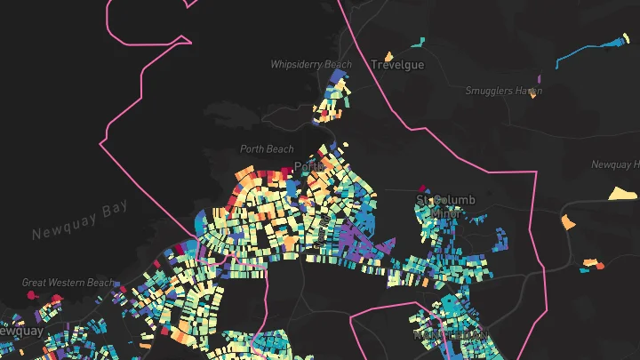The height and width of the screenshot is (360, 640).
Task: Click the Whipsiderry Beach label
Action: click(x=311, y=65)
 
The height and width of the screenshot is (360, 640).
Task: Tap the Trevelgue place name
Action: click(x=397, y=65)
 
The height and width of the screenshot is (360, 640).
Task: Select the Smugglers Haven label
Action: click(x=503, y=91)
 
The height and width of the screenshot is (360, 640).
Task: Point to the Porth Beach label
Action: click(x=267, y=149)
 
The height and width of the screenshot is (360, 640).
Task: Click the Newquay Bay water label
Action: click(x=80, y=220)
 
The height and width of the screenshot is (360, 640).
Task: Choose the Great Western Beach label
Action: click(x=68, y=283)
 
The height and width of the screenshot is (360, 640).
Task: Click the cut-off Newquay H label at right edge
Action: click(x=615, y=164)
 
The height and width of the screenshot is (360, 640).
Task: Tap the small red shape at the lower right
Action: click(x=599, y=265)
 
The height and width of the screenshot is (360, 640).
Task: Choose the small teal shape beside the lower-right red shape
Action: click(x=589, y=262)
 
